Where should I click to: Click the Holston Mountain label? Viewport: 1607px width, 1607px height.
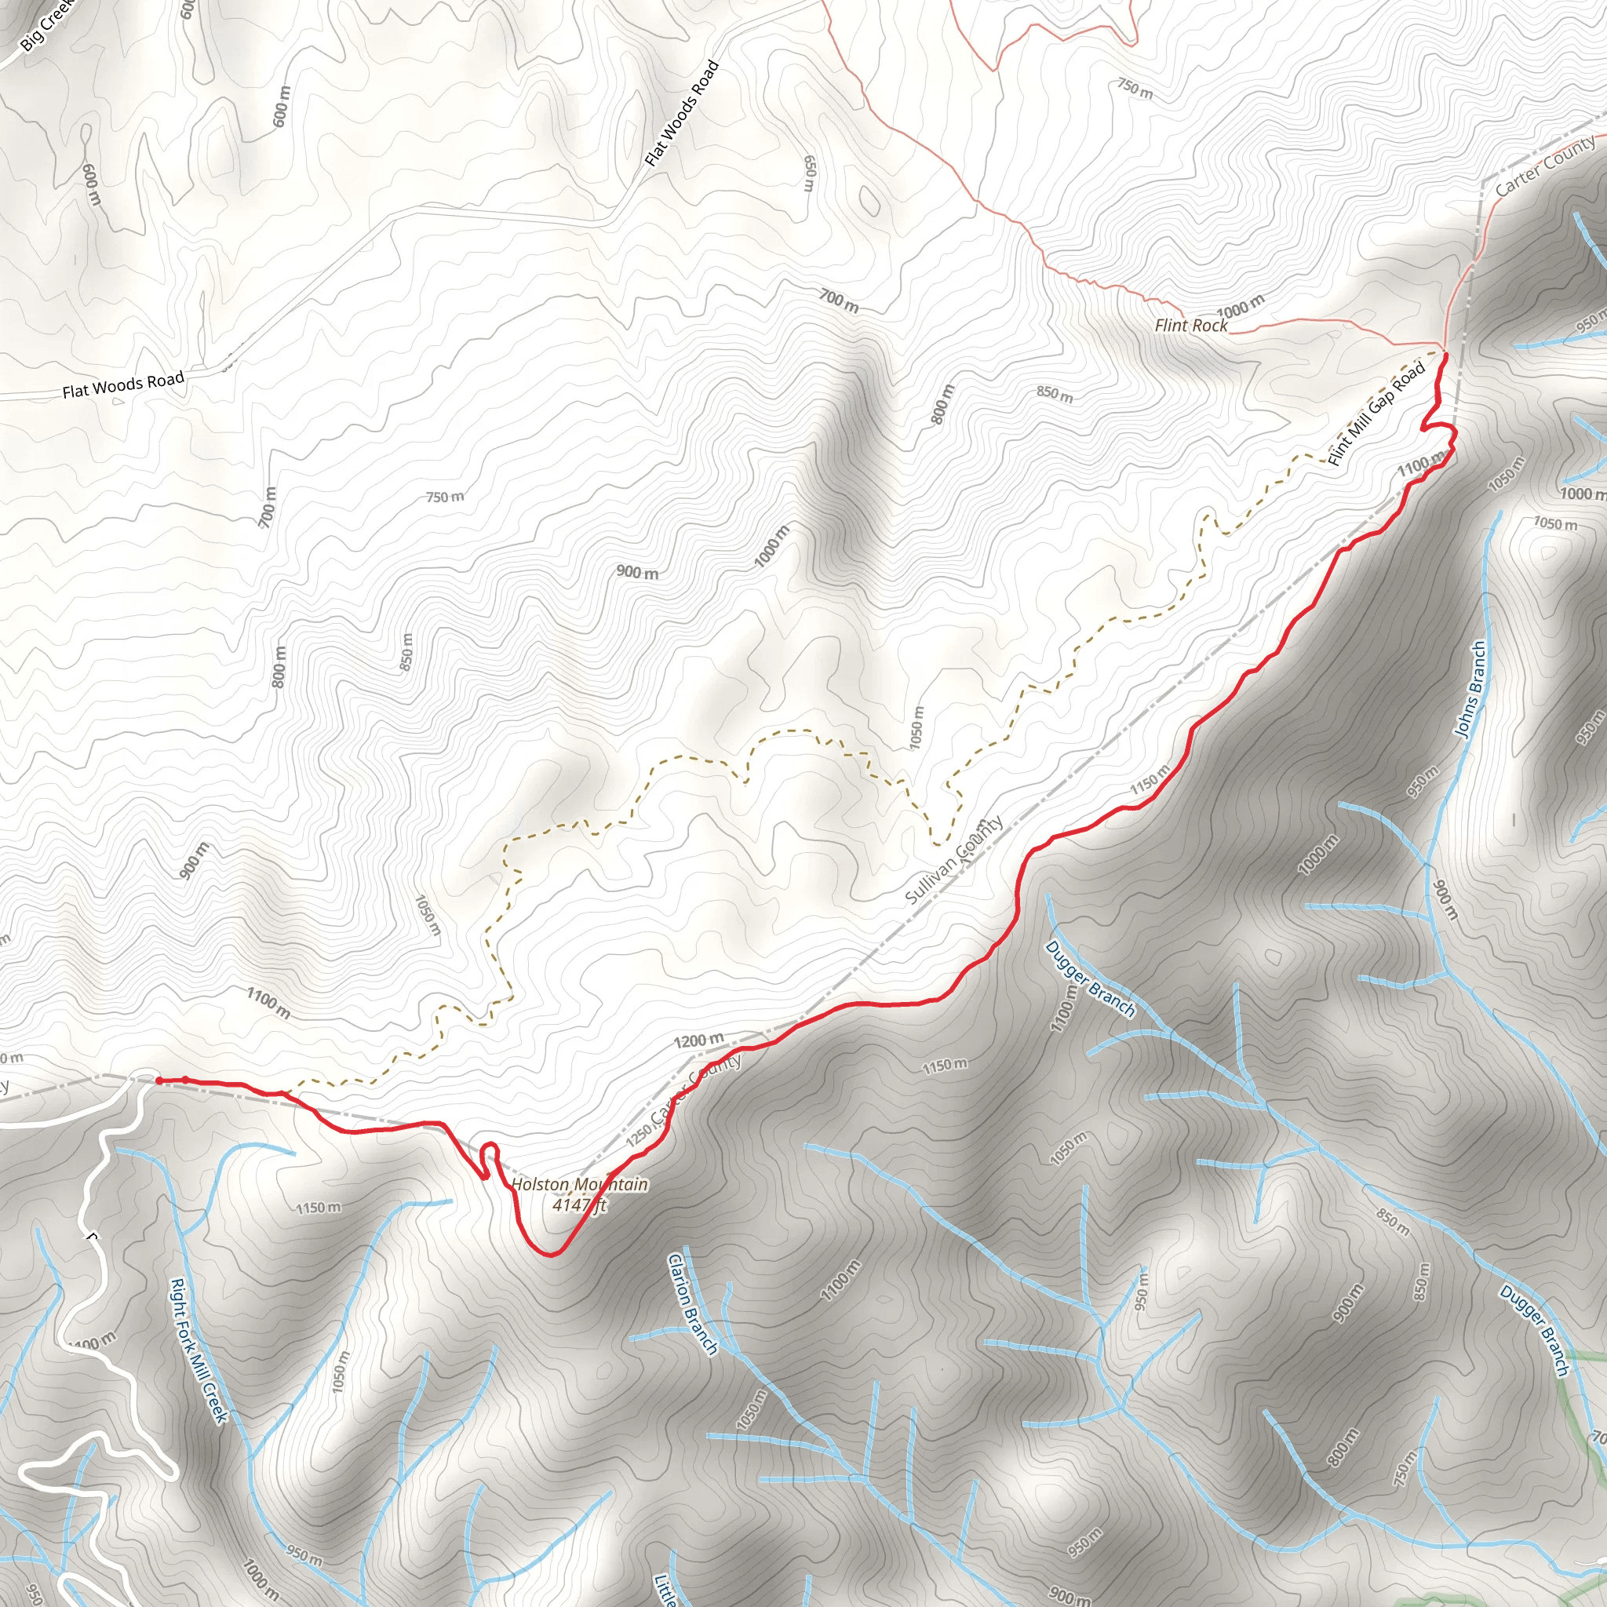[x=580, y=1183]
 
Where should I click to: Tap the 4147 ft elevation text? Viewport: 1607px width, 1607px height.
[x=580, y=1204]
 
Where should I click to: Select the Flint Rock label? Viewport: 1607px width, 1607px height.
[x=1190, y=325]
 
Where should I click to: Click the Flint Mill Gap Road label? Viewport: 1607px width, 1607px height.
[x=1376, y=414]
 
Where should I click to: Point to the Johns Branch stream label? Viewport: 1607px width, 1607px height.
[x=1470, y=689]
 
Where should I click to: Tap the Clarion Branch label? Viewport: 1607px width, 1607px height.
[x=692, y=1304]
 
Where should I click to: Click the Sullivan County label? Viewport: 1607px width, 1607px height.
[x=954, y=860]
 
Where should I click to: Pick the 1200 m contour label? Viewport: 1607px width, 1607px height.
[x=698, y=1040]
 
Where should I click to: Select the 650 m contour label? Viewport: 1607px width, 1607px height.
[x=808, y=173]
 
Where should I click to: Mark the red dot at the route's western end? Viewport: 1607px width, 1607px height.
[x=158, y=1080]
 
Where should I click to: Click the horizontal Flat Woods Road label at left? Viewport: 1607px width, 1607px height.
[x=123, y=385]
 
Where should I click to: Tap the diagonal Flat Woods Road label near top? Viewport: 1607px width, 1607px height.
[x=682, y=113]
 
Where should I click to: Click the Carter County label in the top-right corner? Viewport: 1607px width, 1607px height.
[x=1544, y=166]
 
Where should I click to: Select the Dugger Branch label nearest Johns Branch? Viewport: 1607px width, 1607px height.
[x=1090, y=979]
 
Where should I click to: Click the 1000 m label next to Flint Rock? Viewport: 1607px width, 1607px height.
[x=1241, y=306]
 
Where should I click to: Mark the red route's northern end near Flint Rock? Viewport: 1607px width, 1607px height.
[x=1445, y=356]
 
